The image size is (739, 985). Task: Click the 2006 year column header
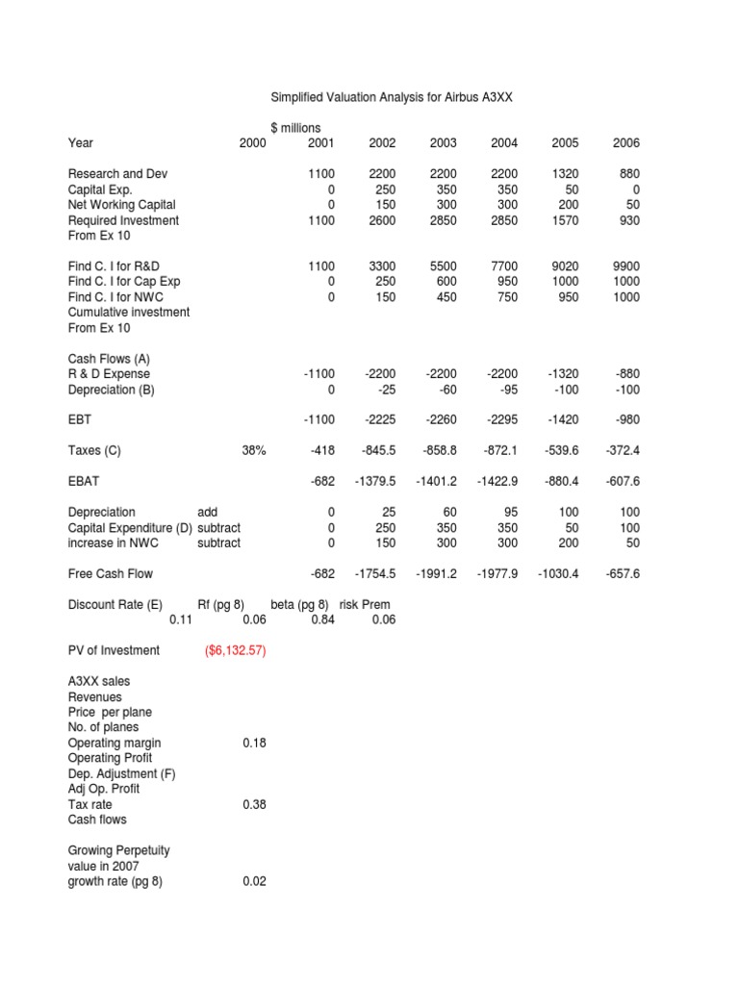tap(625, 143)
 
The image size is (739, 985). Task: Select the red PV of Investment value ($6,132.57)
tap(236, 650)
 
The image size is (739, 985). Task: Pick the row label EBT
tap(80, 419)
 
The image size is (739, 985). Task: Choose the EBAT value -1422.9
tap(497, 481)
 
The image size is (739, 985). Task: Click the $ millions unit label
tap(295, 128)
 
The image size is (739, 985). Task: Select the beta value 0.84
tap(322, 619)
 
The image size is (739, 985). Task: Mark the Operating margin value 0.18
tap(254, 743)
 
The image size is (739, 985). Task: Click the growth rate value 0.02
tap(254, 881)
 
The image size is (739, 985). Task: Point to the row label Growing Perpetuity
tap(119, 850)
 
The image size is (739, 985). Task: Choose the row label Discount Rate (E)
tap(115, 604)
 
